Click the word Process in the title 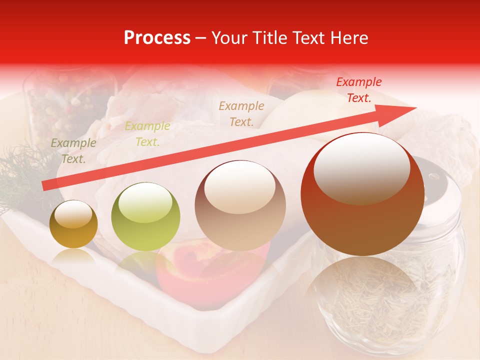pyautogui.click(x=157, y=38)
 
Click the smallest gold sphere pyautogui.click(x=74, y=224)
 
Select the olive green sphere pyautogui.click(x=145, y=217)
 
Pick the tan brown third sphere pyautogui.click(x=240, y=206)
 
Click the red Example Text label pyautogui.click(x=358, y=90)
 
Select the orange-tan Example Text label pyautogui.click(x=241, y=113)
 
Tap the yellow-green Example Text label pyautogui.click(x=147, y=134)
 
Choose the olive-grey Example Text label pyautogui.click(x=73, y=151)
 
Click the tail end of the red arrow pyautogui.click(x=45, y=186)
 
